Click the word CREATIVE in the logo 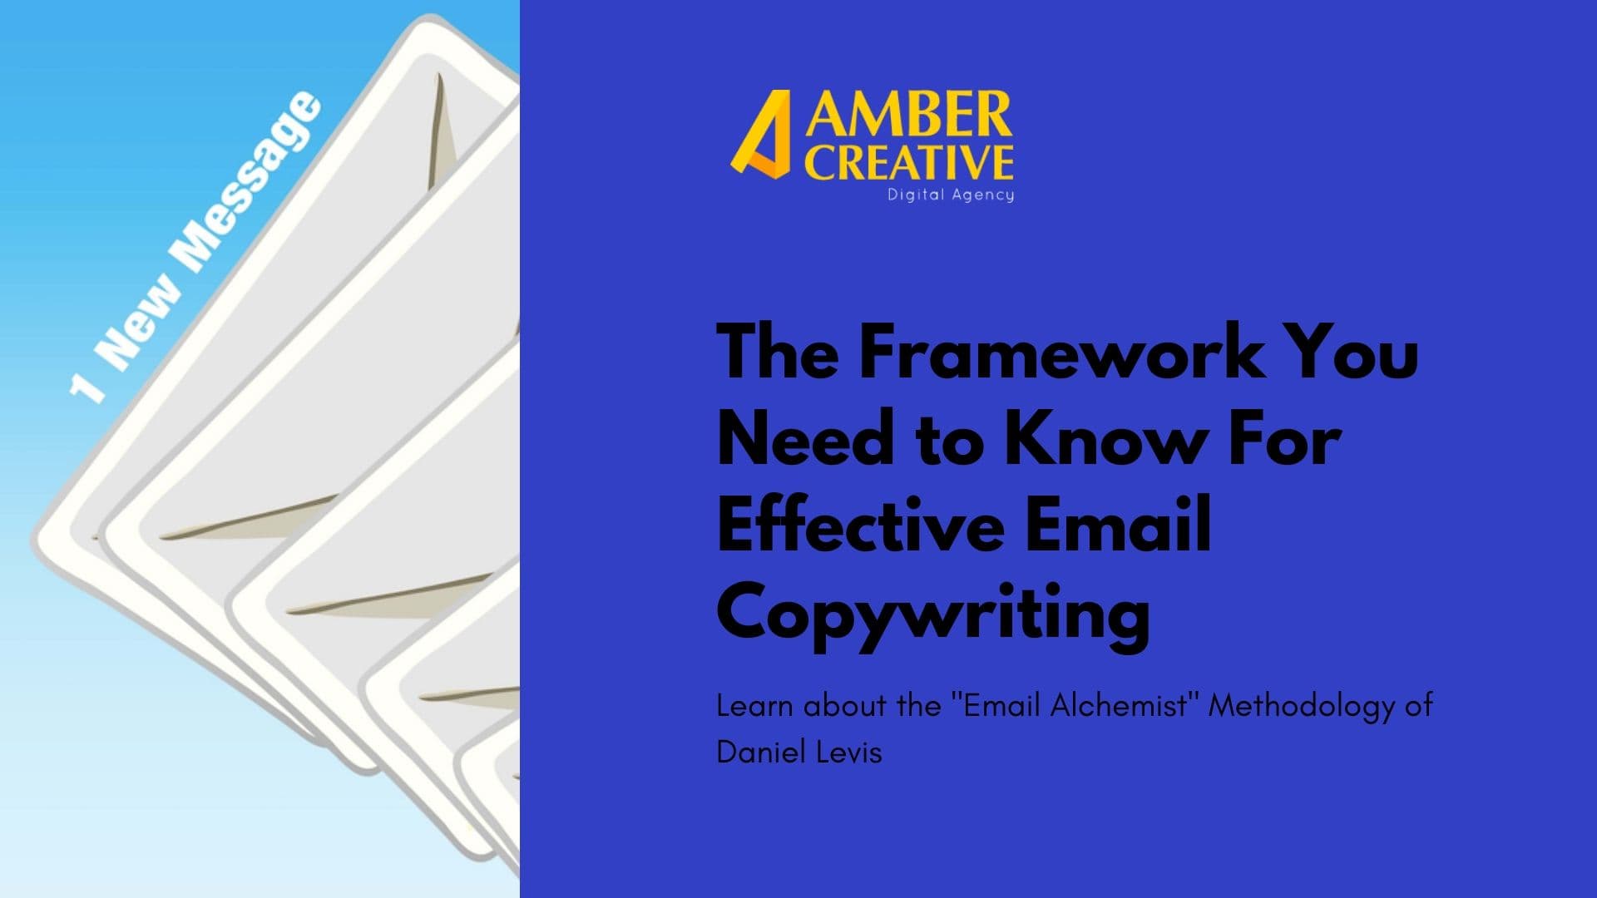(908, 162)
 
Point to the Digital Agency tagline (951, 195)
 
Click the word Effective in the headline (861, 524)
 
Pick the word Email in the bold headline (1119, 524)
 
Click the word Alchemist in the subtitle (1119, 705)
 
